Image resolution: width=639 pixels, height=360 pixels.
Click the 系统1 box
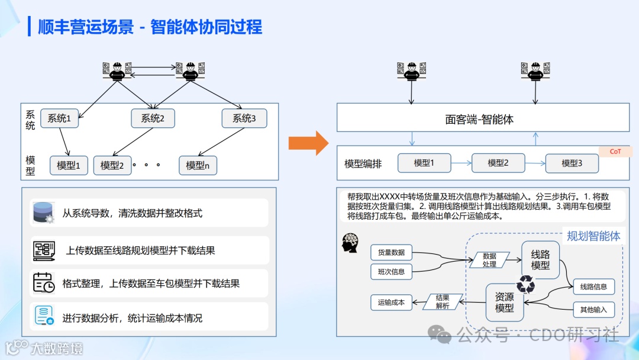59,118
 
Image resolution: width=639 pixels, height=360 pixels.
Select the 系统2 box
153,118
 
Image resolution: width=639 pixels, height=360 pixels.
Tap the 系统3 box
244,118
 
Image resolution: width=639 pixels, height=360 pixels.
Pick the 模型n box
198,166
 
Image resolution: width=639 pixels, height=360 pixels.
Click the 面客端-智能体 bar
483,119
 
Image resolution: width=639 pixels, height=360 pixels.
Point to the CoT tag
615,152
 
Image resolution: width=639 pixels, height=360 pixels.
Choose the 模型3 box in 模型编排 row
572,163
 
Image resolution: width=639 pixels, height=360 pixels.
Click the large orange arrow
308,143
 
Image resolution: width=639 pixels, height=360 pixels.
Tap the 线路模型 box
540,260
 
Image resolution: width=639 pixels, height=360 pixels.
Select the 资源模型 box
505,303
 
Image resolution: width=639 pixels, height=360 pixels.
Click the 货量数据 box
391,252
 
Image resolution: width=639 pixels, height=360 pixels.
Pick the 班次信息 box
391,272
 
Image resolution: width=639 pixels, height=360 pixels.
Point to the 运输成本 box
391,302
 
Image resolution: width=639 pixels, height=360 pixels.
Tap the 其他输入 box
593,309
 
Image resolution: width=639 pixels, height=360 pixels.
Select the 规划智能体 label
593,236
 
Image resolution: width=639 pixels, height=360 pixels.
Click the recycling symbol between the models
525,285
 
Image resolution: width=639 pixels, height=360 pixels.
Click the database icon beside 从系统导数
43,213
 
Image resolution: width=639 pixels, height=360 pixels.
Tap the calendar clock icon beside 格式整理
43,283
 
